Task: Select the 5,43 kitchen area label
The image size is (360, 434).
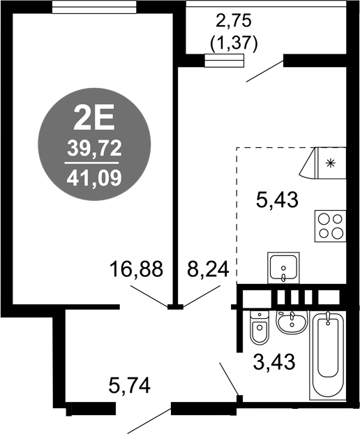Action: [x=277, y=201]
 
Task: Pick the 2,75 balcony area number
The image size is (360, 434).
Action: [x=234, y=21]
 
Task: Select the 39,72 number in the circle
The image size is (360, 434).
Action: [x=93, y=148]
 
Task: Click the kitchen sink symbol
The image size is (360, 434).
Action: [x=284, y=267]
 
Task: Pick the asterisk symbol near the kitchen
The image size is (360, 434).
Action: [x=331, y=163]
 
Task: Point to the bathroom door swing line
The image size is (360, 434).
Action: [x=230, y=380]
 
